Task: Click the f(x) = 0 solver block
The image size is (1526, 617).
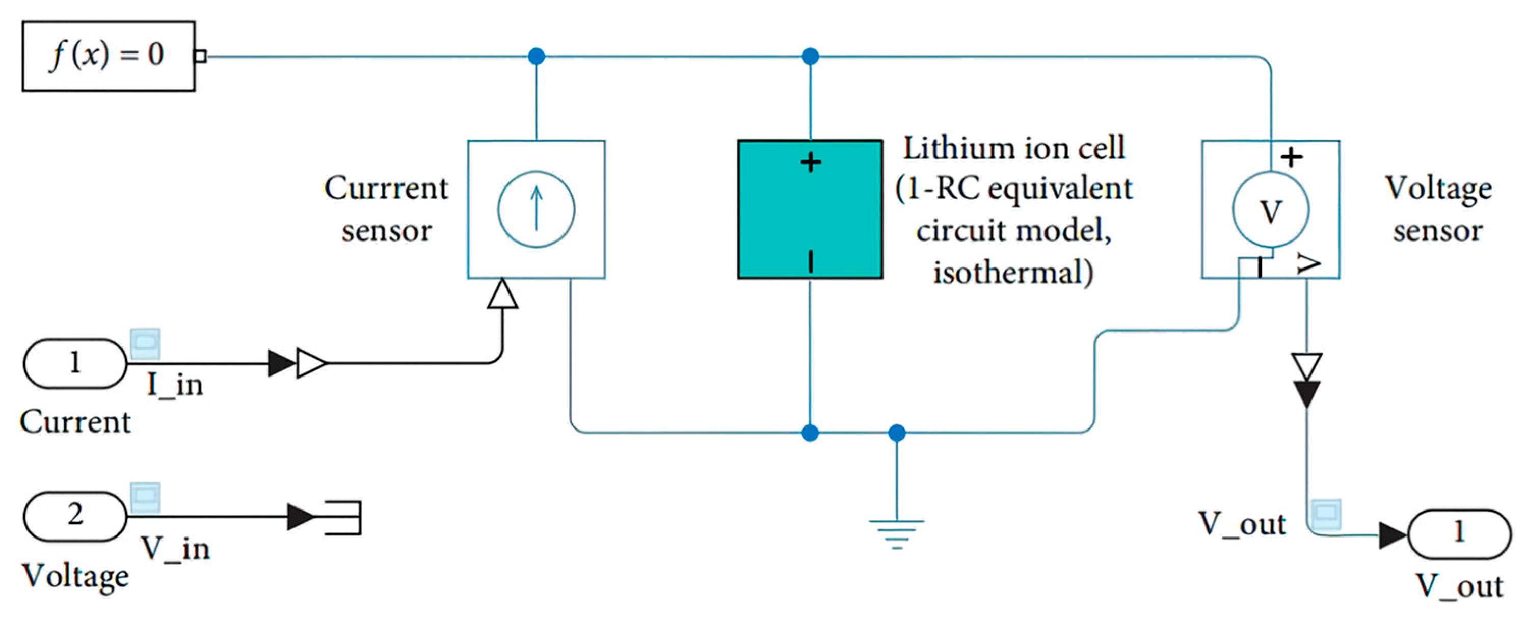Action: point(109,56)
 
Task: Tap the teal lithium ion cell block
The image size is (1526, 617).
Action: point(809,209)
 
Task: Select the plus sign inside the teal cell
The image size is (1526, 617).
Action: point(811,162)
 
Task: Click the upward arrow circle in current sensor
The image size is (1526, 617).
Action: point(536,209)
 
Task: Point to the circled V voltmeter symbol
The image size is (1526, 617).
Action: point(1270,210)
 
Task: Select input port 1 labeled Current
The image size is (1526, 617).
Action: point(75,363)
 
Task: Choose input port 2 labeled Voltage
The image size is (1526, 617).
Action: point(75,516)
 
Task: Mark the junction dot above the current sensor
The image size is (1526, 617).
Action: point(536,56)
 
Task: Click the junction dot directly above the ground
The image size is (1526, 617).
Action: point(896,433)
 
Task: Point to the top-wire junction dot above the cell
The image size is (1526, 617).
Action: point(810,56)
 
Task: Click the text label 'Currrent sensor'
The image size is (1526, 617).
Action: point(386,209)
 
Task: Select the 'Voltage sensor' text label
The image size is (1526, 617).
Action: point(1438,209)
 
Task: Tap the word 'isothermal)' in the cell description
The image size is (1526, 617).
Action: point(1013,273)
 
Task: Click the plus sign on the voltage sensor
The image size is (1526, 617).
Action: point(1292,157)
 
